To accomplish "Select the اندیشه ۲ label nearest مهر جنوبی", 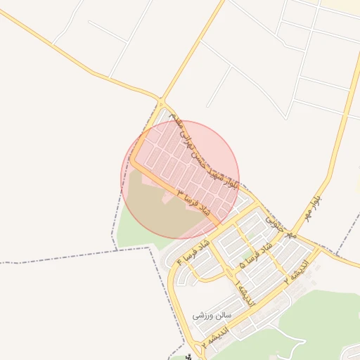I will point(302,270).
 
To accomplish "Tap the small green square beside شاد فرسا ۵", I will point(247,253).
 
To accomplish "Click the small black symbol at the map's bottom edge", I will point(188,357).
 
